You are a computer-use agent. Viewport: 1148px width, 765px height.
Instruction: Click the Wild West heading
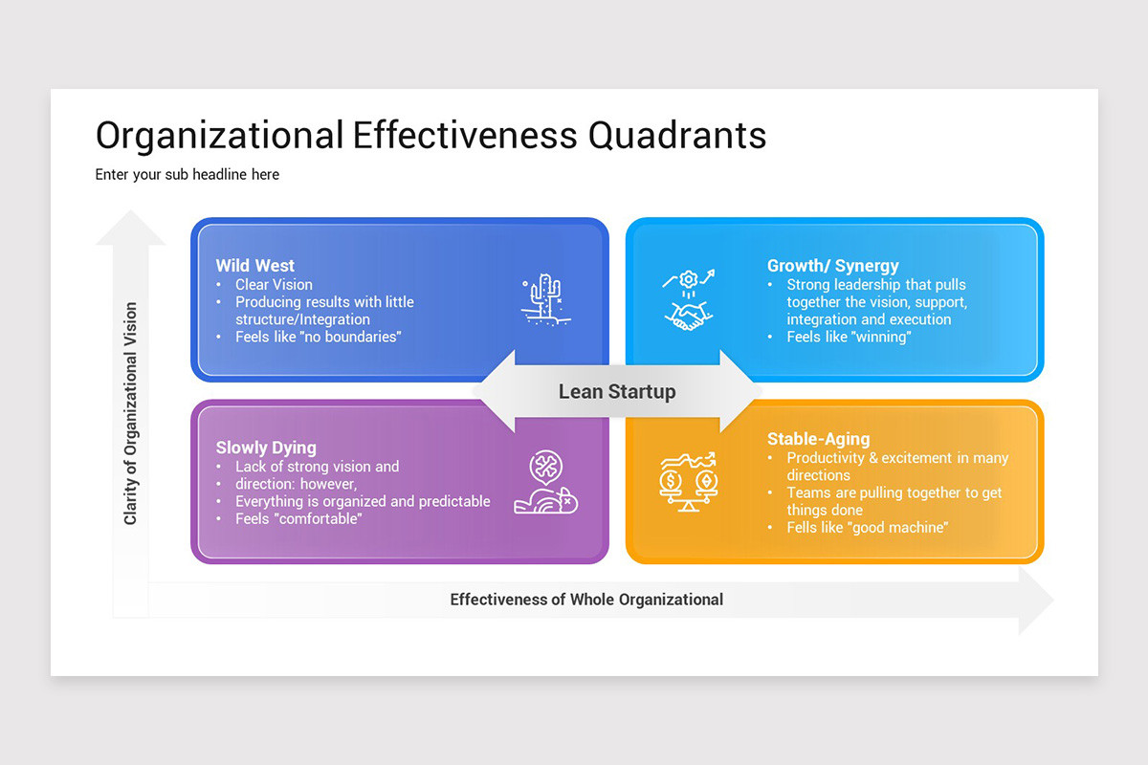pos(254,266)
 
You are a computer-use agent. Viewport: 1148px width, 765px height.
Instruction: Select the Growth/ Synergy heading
pos(832,266)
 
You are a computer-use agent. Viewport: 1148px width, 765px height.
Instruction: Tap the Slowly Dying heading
pos(265,448)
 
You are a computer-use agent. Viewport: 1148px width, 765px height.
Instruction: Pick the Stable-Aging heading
pos(818,439)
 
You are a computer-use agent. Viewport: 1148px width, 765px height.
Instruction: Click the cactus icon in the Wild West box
pos(542,299)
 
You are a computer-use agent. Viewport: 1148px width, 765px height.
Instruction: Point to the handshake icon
pos(689,314)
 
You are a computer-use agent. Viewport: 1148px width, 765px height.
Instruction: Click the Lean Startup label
pos(617,391)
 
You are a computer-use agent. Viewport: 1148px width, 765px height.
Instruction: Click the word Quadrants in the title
pos(677,135)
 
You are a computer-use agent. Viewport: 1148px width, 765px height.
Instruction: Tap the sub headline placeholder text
pos(187,174)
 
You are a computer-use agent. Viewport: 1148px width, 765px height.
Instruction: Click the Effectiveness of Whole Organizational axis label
pos(586,600)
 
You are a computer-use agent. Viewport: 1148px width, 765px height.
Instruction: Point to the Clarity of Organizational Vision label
pos(131,413)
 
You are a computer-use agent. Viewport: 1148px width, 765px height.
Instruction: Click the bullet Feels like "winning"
pos(849,337)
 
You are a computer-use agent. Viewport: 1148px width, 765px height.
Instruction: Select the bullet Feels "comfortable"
pos(298,518)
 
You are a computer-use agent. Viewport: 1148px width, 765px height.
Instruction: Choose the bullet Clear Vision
pos(274,284)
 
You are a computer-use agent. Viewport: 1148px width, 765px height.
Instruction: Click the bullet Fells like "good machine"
pos(867,527)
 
